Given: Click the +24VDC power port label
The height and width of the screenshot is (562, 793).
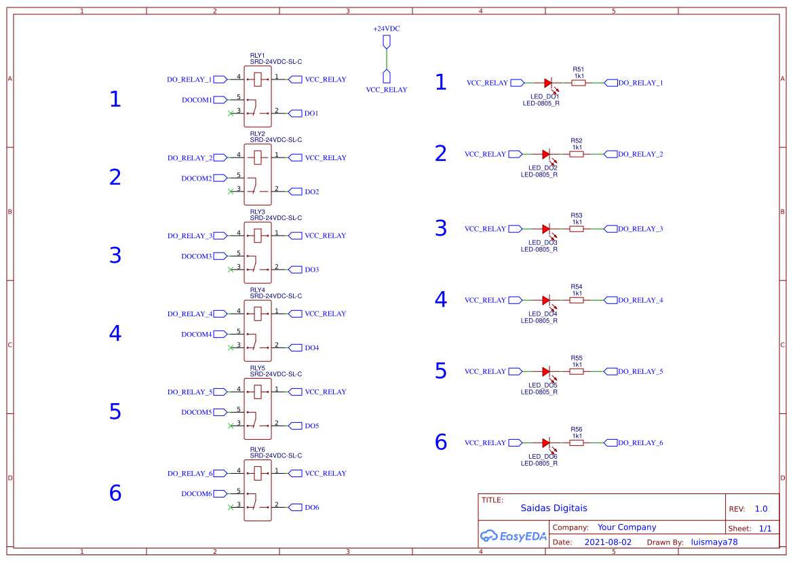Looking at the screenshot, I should (x=386, y=29).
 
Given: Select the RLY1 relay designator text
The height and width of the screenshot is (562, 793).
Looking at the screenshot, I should (x=258, y=56).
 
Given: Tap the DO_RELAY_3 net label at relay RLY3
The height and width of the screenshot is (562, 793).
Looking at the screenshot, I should (x=190, y=236).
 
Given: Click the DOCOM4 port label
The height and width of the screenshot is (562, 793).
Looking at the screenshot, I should (x=197, y=335).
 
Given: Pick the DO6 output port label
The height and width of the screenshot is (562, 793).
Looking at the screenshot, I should (x=311, y=508).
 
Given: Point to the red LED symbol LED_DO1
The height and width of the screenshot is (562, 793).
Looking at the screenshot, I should (x=547, y=83).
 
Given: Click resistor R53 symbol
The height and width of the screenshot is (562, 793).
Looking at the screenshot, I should (x=577, y=229).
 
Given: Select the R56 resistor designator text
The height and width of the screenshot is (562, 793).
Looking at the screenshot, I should (x=577, y=430).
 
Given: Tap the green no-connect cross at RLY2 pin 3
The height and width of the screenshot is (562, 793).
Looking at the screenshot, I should (x=231, y=191).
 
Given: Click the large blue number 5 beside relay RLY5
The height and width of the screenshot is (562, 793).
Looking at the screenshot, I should (x=115, y=412).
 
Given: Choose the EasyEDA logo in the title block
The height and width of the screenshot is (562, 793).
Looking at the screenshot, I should (x=513, y=536).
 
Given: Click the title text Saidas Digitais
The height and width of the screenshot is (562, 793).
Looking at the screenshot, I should (x=554, y=508).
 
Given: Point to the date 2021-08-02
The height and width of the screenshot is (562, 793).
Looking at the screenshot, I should (x=607, y=542).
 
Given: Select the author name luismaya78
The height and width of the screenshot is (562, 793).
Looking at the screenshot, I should (x=714, y=542).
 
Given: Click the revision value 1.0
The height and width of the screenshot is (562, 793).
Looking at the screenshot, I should (x=760, y=509).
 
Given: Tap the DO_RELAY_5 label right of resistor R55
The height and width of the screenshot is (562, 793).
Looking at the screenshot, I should (x=640, y=372).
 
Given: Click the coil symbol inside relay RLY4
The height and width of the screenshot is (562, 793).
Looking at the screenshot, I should (x=258, y=314).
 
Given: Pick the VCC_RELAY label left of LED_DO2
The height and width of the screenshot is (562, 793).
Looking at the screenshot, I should (x=485, y=155).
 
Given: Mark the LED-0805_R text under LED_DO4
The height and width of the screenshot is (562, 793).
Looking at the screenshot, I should (x=539, y=321).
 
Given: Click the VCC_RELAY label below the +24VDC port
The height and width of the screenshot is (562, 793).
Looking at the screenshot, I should (x=387, y=90).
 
